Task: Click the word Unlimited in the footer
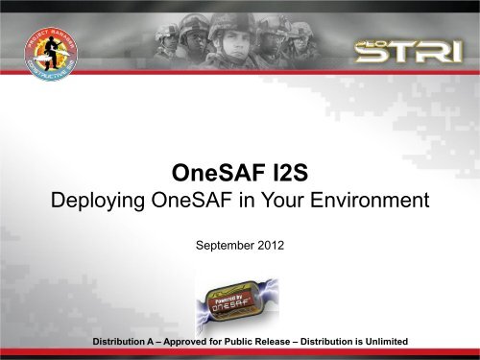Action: pos(381,343)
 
